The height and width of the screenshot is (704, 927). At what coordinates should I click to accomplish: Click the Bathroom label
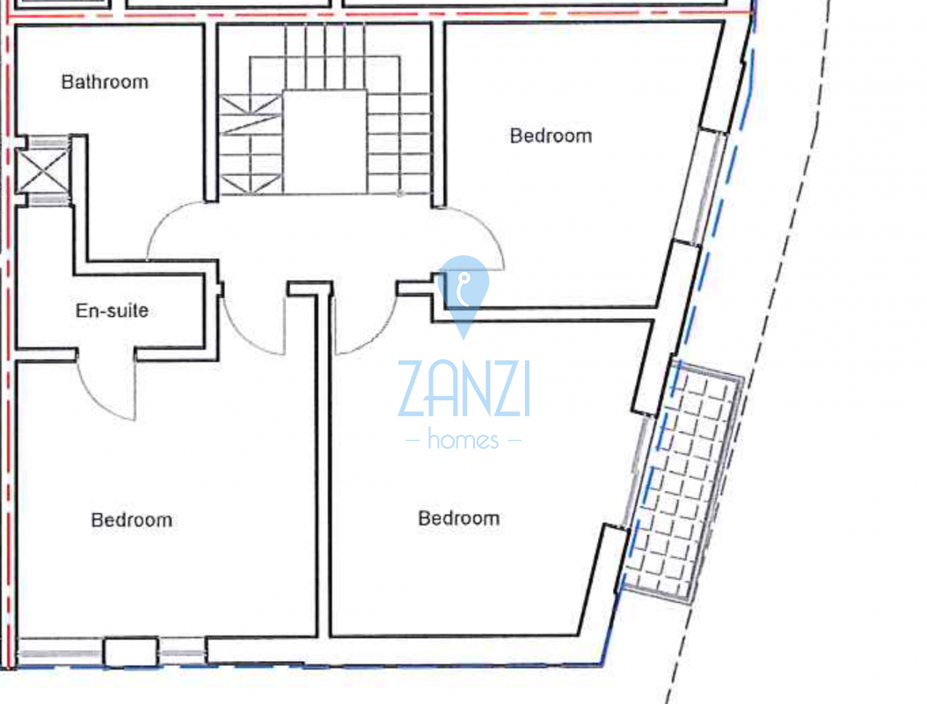pos(105,82)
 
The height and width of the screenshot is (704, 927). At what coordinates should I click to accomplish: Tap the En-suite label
pos(112,310)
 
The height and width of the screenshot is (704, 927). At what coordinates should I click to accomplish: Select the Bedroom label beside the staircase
pos(551,136)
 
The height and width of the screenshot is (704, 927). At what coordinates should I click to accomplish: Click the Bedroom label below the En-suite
pos(132,520)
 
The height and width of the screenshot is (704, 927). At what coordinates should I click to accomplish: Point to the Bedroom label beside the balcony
pos(459,518)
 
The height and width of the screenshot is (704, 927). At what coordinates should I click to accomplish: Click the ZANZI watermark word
pos(464,389)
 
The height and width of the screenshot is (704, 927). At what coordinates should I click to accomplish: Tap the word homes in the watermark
pos(463,439)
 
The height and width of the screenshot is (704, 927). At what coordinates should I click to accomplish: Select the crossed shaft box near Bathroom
pos(43,171)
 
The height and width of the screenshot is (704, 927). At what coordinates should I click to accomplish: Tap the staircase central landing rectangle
pos(325,142)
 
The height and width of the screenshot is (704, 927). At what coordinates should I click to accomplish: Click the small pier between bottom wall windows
pos(131,652)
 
